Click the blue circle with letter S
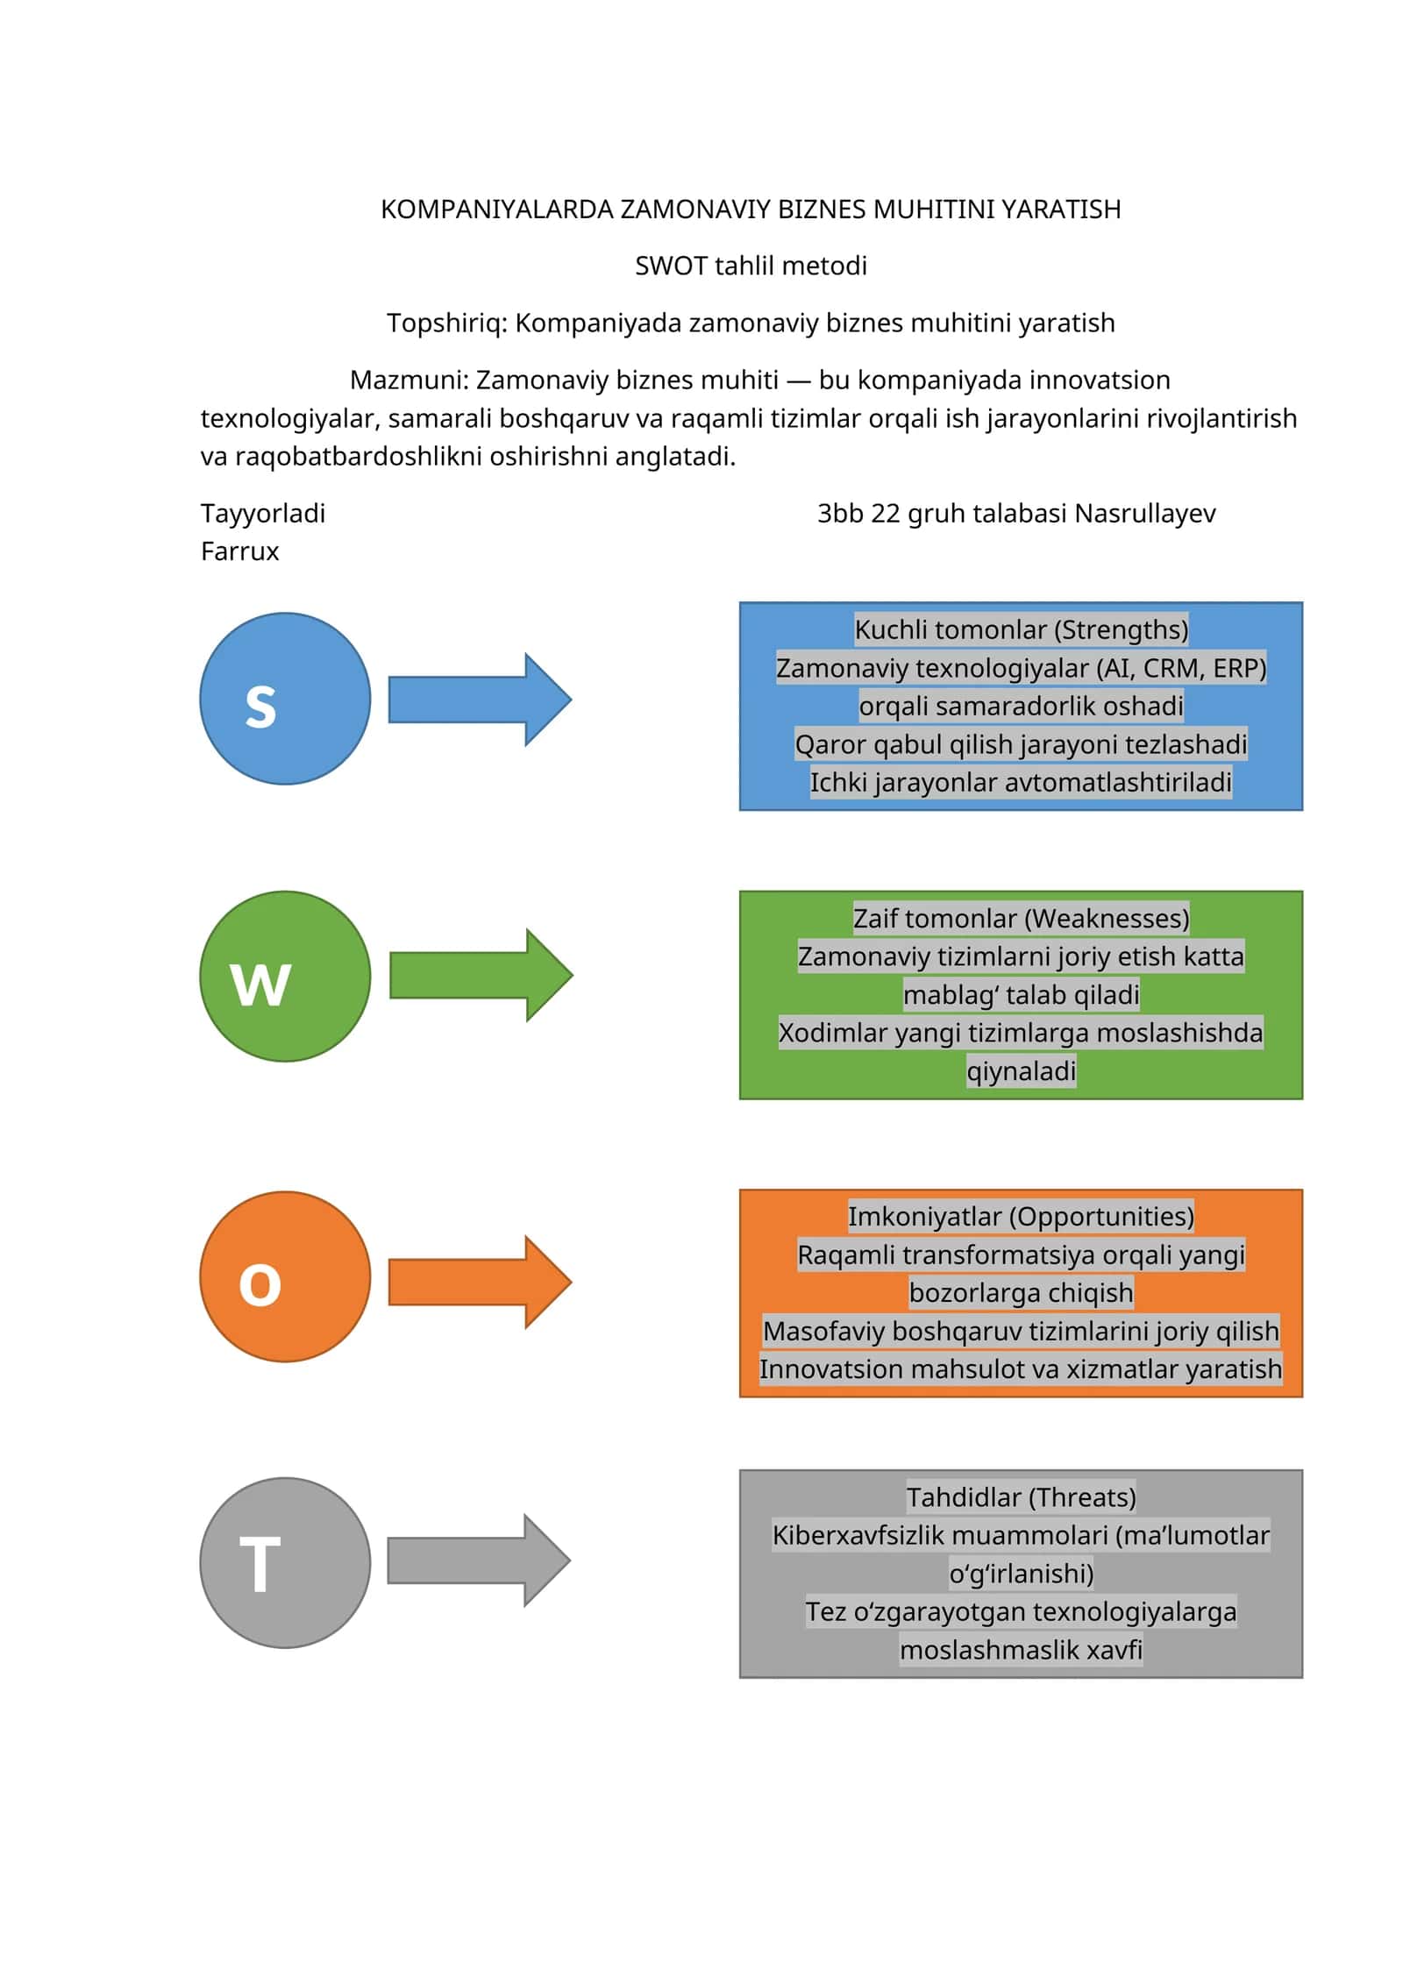(285, 699)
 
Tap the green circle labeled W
(285, 977)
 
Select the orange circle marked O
(285, 1276)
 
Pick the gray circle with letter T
(285, 1563)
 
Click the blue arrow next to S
(480, 700)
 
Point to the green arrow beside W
(481, 976)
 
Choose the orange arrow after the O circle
(480, 1283)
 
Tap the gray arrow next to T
(479, 1560)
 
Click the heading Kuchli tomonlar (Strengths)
(1022, 629)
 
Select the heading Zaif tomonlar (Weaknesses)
(1022, 918)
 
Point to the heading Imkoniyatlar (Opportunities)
(1022, 1216)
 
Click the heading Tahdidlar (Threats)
(1022, 1496)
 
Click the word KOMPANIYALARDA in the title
(497, 210)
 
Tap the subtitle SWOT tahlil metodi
(751, 266)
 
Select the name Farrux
(239, 551)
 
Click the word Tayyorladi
(263, 514)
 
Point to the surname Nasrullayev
(1145, 514)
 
